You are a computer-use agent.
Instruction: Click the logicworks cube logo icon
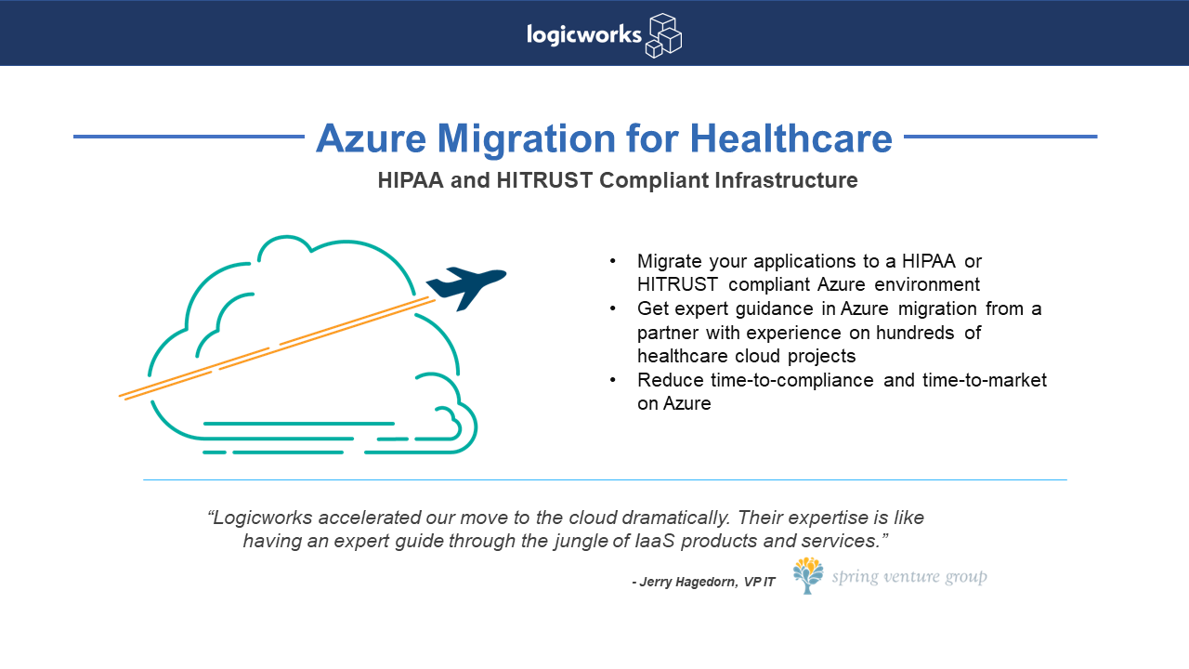click(x=663, y=35)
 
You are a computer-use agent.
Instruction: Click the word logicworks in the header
click(x=584, y=35)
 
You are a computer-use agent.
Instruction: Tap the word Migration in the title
click(x=526, y=138)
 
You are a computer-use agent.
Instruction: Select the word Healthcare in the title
click(x=790, y=138)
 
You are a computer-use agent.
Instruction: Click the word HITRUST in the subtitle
click(x=544, y=180)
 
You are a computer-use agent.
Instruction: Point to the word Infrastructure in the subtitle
click(x=786, y=180)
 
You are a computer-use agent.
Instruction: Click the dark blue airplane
click(x=466, y=288)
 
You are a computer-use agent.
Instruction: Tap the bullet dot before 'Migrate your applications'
click(x=612, y=261)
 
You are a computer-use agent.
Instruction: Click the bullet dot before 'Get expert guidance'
click(x=612, y=308)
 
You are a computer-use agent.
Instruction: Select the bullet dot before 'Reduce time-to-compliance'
click(x=612, y=380)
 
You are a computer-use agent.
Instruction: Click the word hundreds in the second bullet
click(x=915, y=333)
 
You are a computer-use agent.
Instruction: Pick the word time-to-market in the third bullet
click(x=985, y=380)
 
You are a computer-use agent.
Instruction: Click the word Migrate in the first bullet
click(x=670, y=262)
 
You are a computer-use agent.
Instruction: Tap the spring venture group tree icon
click(x=808, y=575)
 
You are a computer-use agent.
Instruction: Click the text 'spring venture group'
click(x=909, y=577)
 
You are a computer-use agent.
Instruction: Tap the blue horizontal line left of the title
click(x=189, y=137)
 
